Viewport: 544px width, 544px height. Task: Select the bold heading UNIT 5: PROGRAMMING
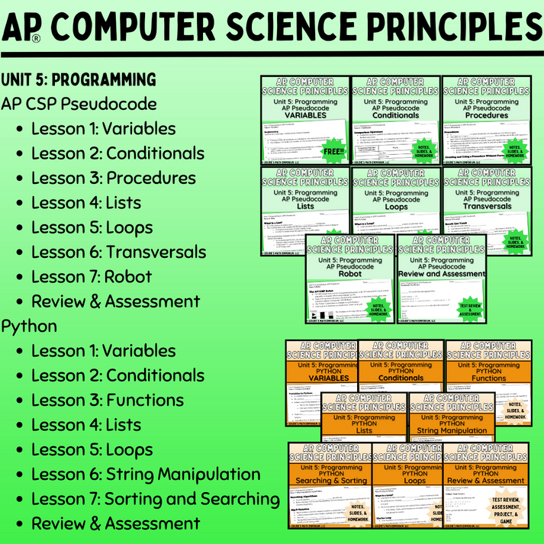click(x=79, y=79)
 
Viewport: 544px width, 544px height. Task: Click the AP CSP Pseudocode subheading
click(x=79, y=104)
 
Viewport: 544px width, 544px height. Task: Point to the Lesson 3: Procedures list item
click(x=114, y=178)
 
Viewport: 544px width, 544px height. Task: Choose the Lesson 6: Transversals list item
click(x=118, y=252)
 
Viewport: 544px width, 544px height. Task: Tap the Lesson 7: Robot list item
click(x=92, y=276)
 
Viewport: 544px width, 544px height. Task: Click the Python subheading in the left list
click(x=29, y=326)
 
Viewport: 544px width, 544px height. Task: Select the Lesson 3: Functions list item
click(x=112, y=400)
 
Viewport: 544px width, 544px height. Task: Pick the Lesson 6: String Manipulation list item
click(x=146, y=474)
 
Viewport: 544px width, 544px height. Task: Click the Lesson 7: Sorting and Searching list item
click(x=156, y=499)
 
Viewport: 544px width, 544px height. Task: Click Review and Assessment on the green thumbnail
click(x=441, y=273)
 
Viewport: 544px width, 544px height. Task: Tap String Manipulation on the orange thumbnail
click(x=453, y=430)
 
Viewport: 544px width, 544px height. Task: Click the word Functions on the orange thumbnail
click(x=488, y=378)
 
